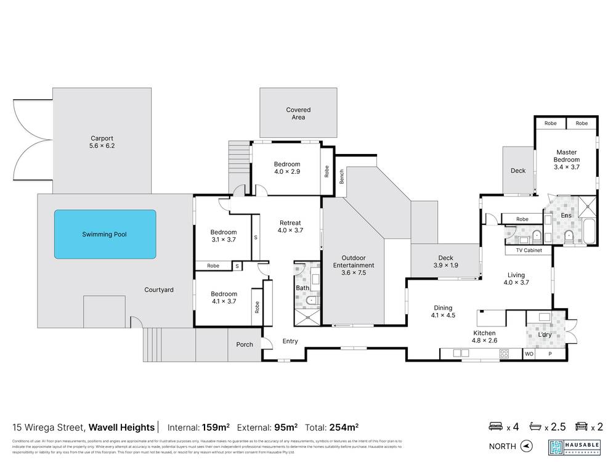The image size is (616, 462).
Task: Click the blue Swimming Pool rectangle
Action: click(105, 234)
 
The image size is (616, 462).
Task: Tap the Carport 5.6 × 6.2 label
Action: click(102, 142)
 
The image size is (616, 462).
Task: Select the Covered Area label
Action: click(298, 113)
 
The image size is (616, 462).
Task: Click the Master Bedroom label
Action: click(567, 160)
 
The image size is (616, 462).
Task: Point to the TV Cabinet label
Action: click(524, 251)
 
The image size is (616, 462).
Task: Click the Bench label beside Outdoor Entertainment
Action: click(341, 179)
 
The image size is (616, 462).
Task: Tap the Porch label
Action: click(245, 344)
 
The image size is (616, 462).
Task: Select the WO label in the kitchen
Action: click(529, 354)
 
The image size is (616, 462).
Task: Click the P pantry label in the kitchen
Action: click(550, 354)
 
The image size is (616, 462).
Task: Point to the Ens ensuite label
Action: click(565, 216)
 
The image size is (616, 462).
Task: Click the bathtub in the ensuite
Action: click(588, 232)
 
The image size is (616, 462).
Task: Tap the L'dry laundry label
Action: click(544, 334)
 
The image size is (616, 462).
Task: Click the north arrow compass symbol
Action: click(525, 446)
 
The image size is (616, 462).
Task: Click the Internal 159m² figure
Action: click(215, 426)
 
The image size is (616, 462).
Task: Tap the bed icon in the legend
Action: click(495, 426)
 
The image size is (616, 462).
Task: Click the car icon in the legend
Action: click(580, 426)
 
